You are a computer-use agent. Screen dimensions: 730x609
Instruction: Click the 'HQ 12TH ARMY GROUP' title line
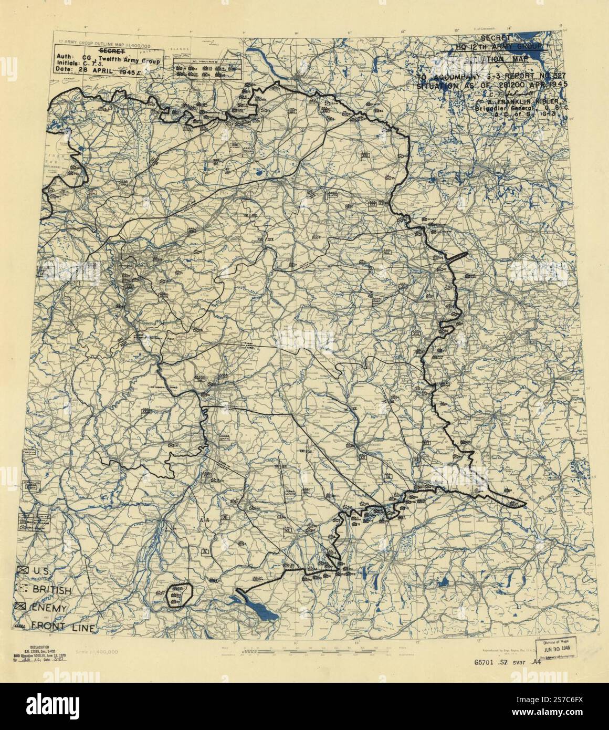tap(494, 46)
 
